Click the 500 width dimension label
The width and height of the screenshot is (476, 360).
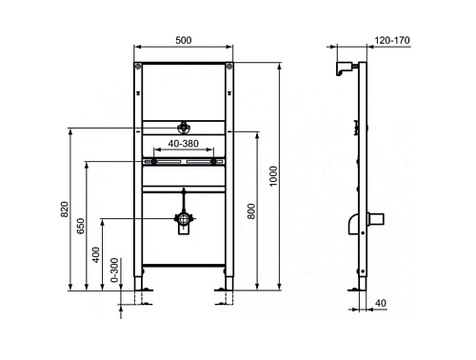point(184,40)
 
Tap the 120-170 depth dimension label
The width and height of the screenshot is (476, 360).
point(392,40)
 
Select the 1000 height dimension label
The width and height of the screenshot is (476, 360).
point(273,176)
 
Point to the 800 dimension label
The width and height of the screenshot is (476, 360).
point(251,211)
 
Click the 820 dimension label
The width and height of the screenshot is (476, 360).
point(65,210)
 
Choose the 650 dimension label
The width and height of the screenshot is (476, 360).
point(81,226)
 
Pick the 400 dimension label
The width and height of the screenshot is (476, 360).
point(96,255)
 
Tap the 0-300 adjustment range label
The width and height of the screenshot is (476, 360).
point(114,270)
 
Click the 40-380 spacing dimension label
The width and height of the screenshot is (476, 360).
point(184,144)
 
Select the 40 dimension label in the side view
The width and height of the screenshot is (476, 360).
point(381,303)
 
